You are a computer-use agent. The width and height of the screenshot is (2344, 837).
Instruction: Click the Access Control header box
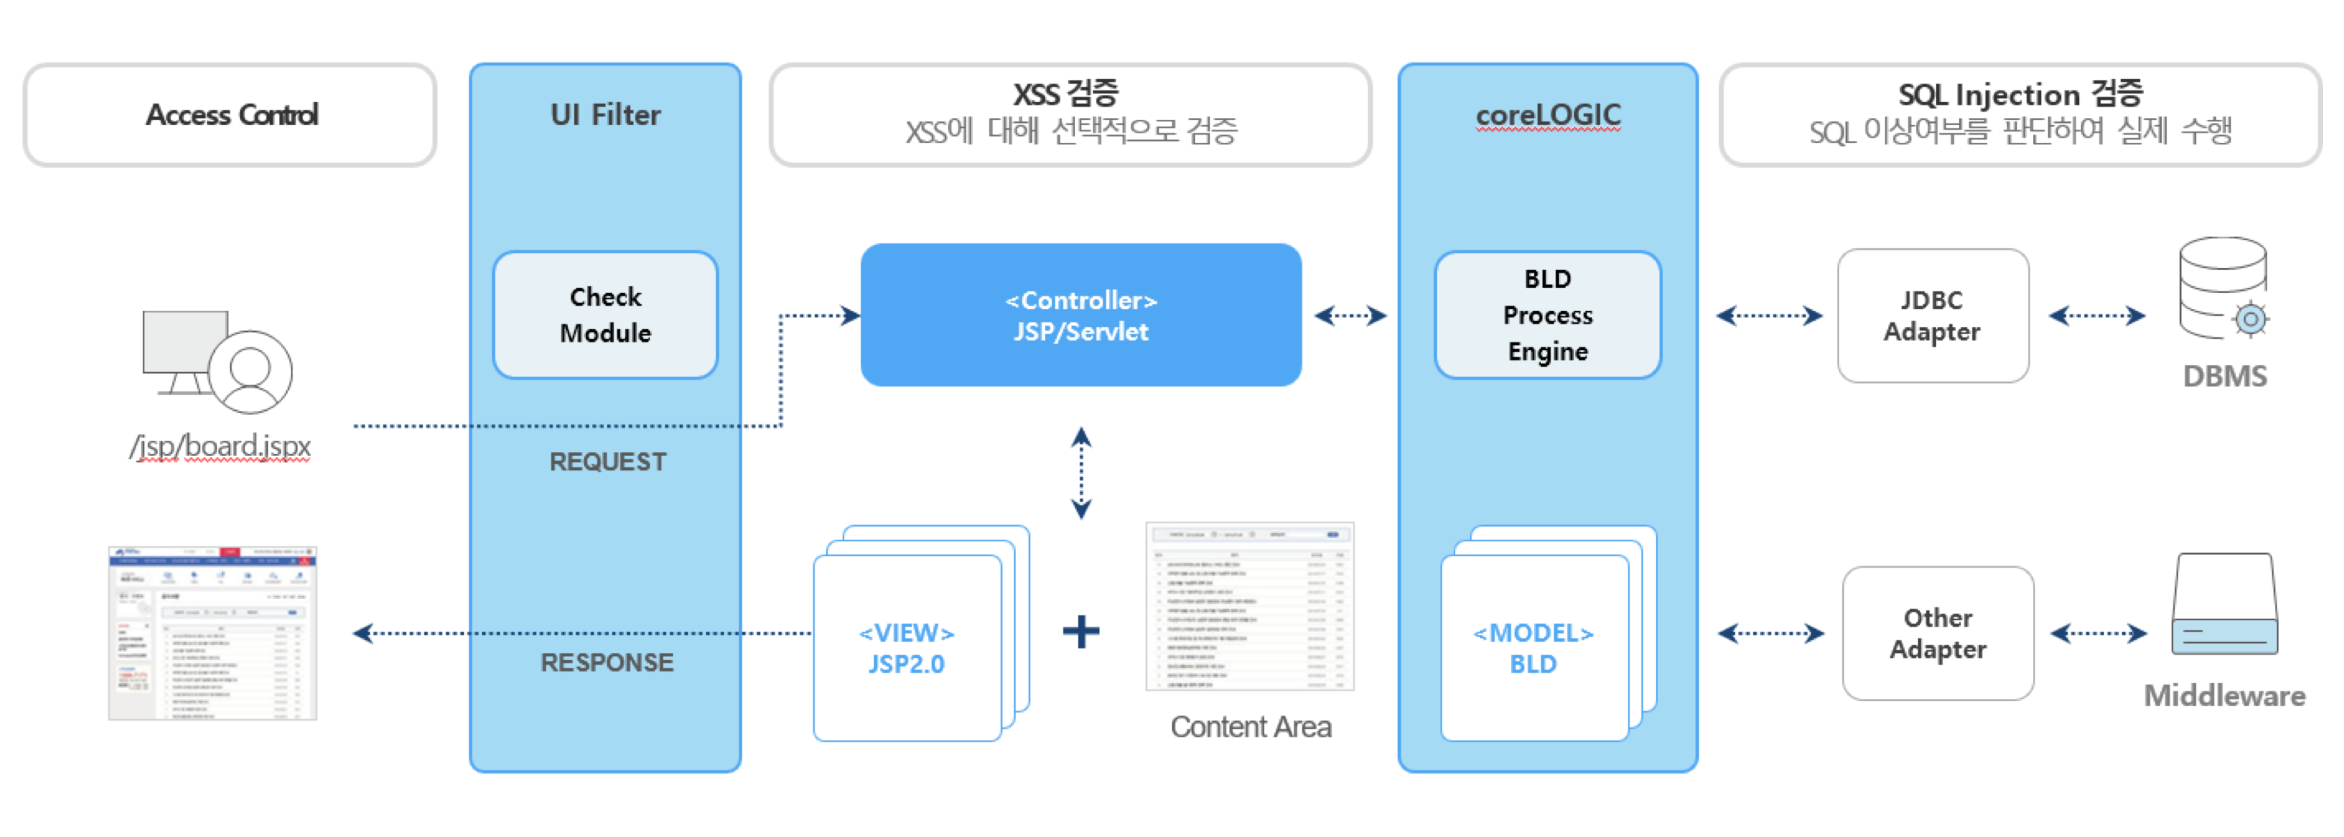[230, 114]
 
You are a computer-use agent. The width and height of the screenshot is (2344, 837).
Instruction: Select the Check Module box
[605, 315]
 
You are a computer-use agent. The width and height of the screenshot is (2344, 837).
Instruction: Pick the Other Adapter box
[1937, 633]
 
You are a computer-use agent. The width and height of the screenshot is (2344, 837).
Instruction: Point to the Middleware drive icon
[2224, 604]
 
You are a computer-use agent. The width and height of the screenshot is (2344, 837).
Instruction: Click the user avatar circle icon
[250, 371]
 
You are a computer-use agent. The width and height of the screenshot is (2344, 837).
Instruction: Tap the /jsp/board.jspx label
[220, 446]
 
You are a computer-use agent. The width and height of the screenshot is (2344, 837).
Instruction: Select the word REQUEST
[608, 462]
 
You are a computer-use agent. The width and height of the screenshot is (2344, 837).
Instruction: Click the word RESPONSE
[607, 663]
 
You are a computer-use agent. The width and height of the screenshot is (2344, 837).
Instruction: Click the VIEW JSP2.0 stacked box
[907, 647]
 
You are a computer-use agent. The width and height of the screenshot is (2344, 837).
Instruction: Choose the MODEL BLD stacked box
[1534, 647]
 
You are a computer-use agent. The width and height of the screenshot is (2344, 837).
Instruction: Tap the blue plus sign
[1081, 631]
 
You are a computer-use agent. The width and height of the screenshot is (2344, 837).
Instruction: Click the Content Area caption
[1250, 727]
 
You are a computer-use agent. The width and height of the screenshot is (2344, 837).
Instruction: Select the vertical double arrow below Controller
[1081, 473]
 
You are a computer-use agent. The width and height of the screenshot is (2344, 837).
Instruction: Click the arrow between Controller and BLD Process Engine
[1351, 316]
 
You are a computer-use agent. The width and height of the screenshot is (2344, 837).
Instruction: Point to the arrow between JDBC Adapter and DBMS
[2096, 316]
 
